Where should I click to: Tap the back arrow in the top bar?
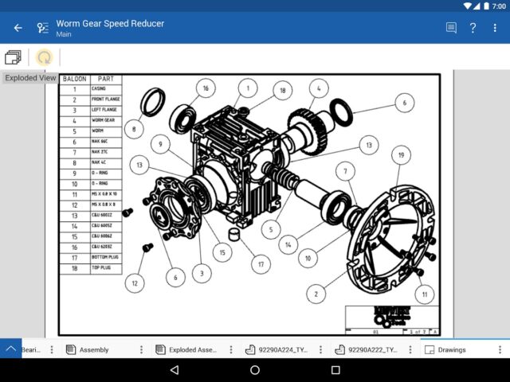tap(18, 28)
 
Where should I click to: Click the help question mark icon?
tap(473, 28)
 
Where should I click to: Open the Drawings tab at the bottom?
tap(452, 349)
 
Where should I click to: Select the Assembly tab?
tap(94, 349)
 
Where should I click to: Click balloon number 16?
tap(205, 88)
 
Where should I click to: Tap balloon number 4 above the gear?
tap(318, 88)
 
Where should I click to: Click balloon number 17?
tap(260, 263)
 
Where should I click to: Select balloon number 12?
tap(135, 283)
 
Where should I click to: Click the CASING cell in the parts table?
tap(106, 89)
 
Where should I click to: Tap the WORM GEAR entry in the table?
tap(106, 120)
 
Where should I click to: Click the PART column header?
tap(106, 79)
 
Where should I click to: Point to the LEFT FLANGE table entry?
tap(106, 110)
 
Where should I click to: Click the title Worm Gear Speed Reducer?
tap(110, 23)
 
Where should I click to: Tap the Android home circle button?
tap(255, 370)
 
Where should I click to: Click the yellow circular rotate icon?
tap(45, 57)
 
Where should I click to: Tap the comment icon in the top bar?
tap(451, 28)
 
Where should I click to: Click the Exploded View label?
tap(30, 78)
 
